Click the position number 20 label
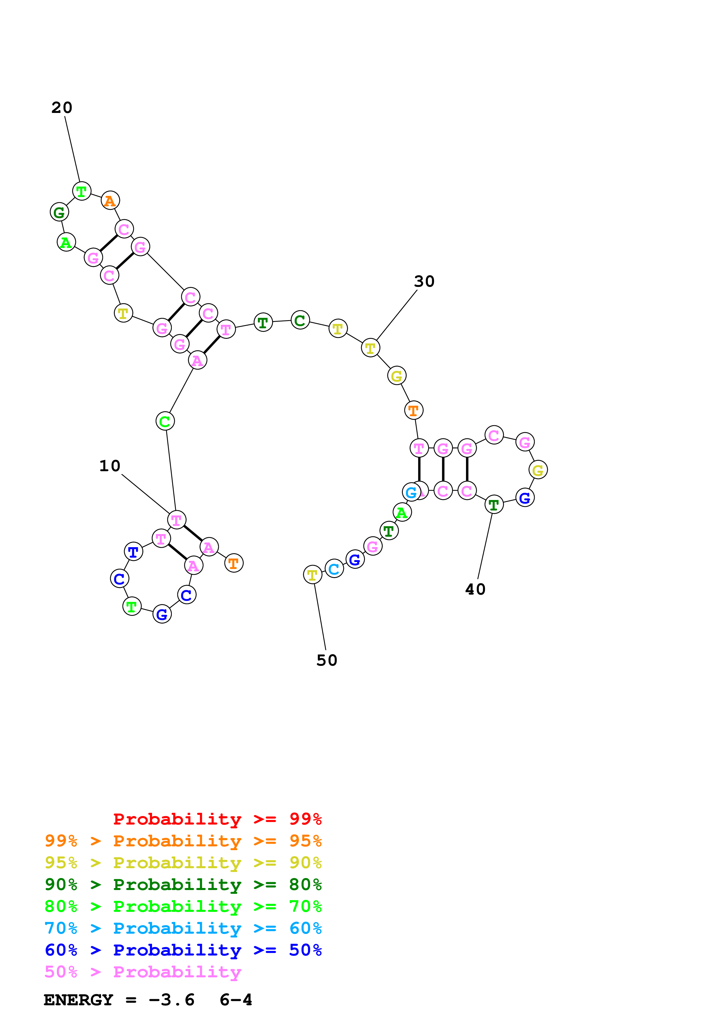tap(61, 108)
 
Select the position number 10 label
tap(110, 466)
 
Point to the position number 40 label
tap(475, 590)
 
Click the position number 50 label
tap(326, 660)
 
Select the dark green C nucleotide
tap(300, 320)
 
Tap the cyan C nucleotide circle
tap(334, 569)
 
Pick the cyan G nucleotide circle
tap(411, 492)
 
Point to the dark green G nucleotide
tap(59, 212)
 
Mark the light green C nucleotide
tap(165, 421)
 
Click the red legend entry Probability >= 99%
tap(217, 819)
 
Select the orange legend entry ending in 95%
tap(183, 841)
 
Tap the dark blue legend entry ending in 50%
tap(183, 950)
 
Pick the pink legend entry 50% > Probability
tap(142, 972)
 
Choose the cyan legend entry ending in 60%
tap(183, 928)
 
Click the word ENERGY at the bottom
tap(78, 1000)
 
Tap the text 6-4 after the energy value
tap(236, 1000)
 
